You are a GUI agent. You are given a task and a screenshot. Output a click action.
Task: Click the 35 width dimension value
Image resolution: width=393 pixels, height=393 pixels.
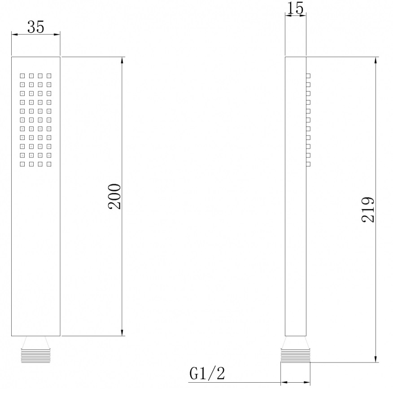35,27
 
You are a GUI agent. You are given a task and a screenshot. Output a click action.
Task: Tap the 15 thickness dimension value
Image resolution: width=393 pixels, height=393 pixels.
295,8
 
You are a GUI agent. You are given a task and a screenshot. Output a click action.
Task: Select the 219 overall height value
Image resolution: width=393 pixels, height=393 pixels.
368,210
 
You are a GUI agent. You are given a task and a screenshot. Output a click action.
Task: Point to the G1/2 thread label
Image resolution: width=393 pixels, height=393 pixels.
207,373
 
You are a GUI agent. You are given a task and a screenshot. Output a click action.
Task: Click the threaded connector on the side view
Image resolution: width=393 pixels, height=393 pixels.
295,355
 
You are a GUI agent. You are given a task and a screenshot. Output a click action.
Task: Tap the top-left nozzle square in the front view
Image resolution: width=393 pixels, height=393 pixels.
22,75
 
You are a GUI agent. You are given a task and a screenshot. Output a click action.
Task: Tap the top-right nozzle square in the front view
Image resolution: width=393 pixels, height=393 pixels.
49,75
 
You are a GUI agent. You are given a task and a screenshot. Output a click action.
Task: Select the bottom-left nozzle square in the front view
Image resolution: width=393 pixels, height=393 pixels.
22,164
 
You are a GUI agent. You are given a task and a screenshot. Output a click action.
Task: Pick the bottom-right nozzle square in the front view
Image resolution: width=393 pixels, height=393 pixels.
49,164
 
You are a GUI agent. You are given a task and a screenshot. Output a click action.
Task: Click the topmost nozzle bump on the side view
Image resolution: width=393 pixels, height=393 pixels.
309,75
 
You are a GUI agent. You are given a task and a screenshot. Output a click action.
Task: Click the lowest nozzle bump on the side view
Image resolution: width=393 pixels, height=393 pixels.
309,164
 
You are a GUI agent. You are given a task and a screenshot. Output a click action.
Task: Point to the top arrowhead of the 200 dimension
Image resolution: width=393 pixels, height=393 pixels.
122,61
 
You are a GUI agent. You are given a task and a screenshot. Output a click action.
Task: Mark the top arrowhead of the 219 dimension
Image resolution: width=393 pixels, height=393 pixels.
376,61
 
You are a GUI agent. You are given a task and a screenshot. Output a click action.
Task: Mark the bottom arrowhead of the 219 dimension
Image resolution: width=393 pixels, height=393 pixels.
376,358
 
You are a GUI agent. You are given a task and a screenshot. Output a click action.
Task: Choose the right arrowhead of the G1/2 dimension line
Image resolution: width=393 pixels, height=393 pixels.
307,382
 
